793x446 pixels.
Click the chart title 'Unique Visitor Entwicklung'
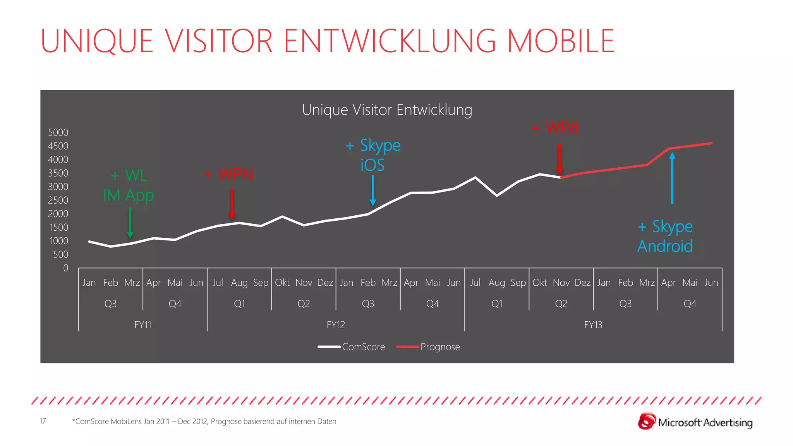[387, 110]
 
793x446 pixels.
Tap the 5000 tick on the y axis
[58, 132]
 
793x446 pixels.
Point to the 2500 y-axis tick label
[58, 200]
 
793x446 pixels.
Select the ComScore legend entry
[351, 347]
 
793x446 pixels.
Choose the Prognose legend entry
[428, 347]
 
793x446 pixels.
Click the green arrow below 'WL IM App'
[130, 223]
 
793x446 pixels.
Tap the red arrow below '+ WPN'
[232, 203]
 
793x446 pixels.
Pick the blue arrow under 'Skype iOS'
[373, 190]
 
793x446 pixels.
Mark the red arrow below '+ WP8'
[560, 159]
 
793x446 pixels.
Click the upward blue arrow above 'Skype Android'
[672, 178]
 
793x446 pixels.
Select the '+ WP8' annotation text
[555, 127]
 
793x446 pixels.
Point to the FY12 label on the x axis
[336, 325]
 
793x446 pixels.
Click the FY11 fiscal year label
[143, 325]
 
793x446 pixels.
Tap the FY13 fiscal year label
[593, 325]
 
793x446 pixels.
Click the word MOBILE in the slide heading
[561, 41]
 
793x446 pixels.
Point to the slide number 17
[43, 421]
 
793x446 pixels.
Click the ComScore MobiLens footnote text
[204, 422]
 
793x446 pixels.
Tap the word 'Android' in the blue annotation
[665, 246]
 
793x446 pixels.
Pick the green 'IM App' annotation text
[129, 195]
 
